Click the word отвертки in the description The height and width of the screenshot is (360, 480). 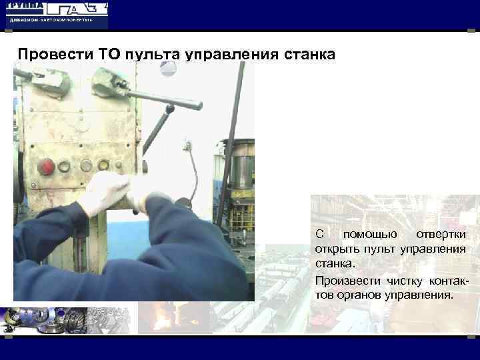pyautogui.click(x=441, y=235)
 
